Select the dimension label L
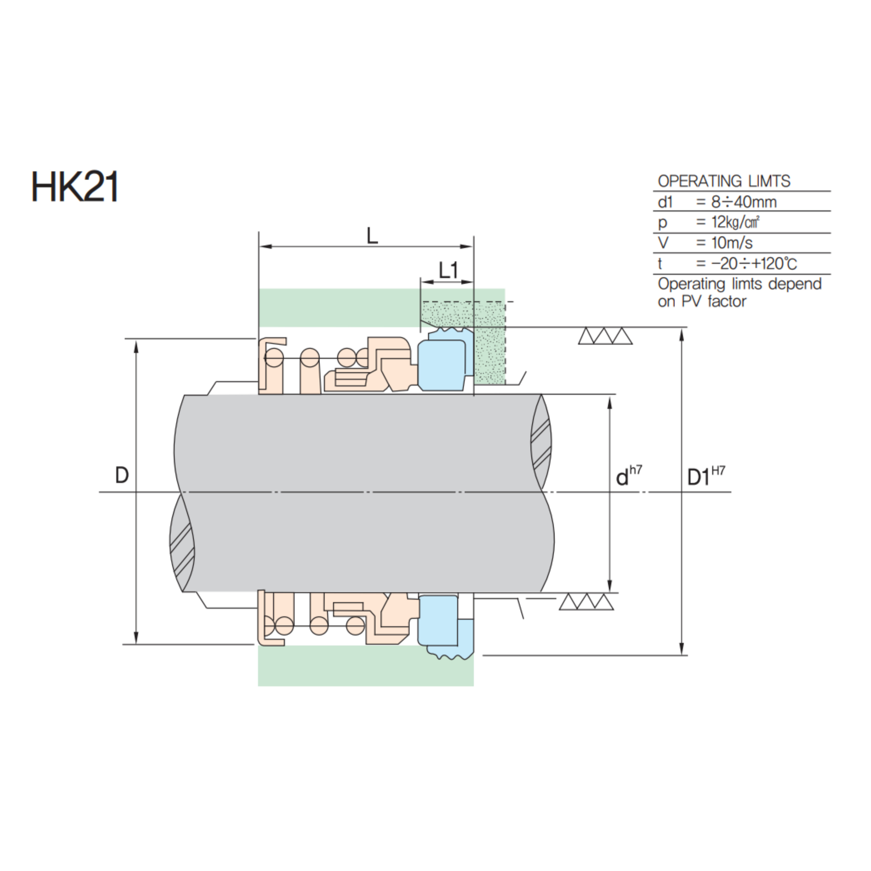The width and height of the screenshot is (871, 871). point(372,236)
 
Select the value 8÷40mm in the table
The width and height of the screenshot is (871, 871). point(744,202)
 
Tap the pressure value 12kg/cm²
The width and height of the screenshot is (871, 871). point(735,222)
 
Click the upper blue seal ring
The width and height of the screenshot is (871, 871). point(442,365)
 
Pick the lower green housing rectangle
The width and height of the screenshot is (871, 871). point(365,665)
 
